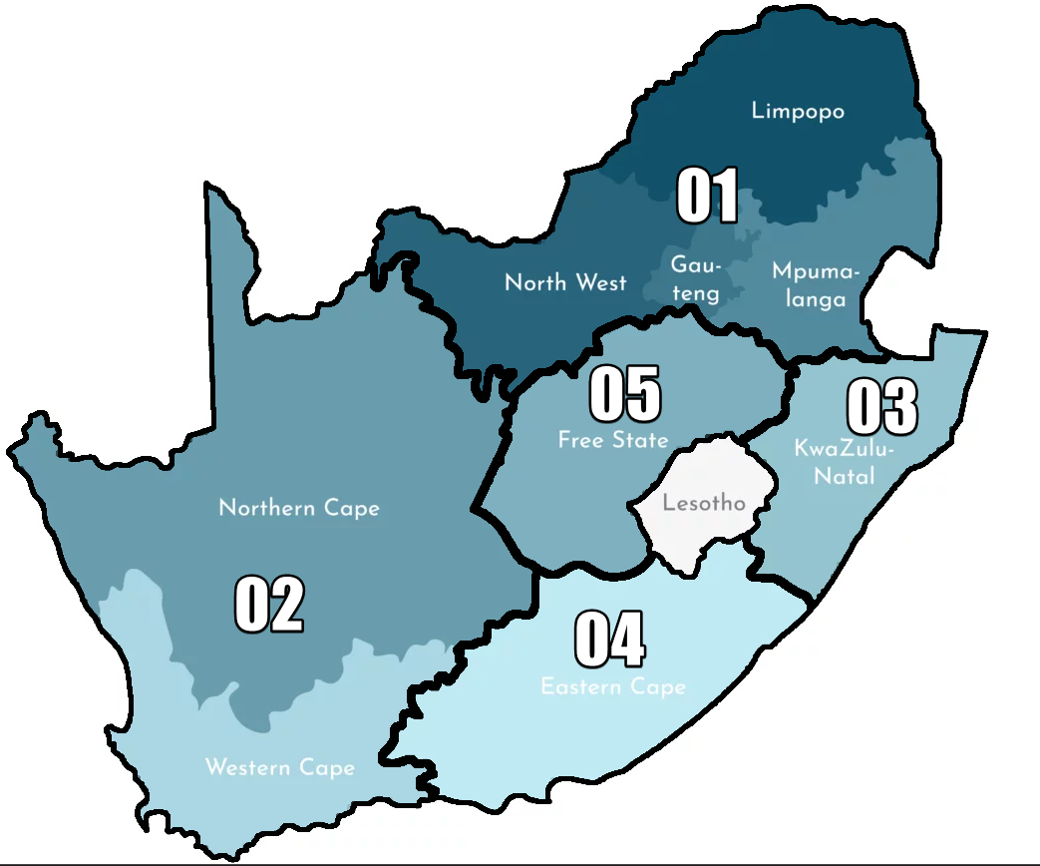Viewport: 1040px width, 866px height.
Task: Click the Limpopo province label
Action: coord(798,111)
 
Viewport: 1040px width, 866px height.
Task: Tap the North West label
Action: coord(565,282)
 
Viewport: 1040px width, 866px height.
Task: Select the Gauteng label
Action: coord(695,279)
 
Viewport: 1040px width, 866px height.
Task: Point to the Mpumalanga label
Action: coord(815,285)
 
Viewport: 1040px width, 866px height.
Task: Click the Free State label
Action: coord(612,440)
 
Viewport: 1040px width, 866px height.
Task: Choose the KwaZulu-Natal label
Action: coord(845,462)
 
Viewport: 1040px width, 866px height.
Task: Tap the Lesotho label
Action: coord(704,502)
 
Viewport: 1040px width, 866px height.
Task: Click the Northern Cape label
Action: coord(299,508)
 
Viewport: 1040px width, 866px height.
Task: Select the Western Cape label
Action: coord(279,767)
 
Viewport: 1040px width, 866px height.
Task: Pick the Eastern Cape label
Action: coord(613,686)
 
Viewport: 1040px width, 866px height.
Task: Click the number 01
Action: coord(708,196)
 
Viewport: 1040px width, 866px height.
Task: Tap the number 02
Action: coord(269,605)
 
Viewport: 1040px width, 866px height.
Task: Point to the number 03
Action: coord(881,407)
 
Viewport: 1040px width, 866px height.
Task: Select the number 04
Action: coord(609,640)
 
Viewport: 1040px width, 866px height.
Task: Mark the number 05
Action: coord(625,393)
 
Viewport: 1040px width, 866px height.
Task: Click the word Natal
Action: coord(845,476)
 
